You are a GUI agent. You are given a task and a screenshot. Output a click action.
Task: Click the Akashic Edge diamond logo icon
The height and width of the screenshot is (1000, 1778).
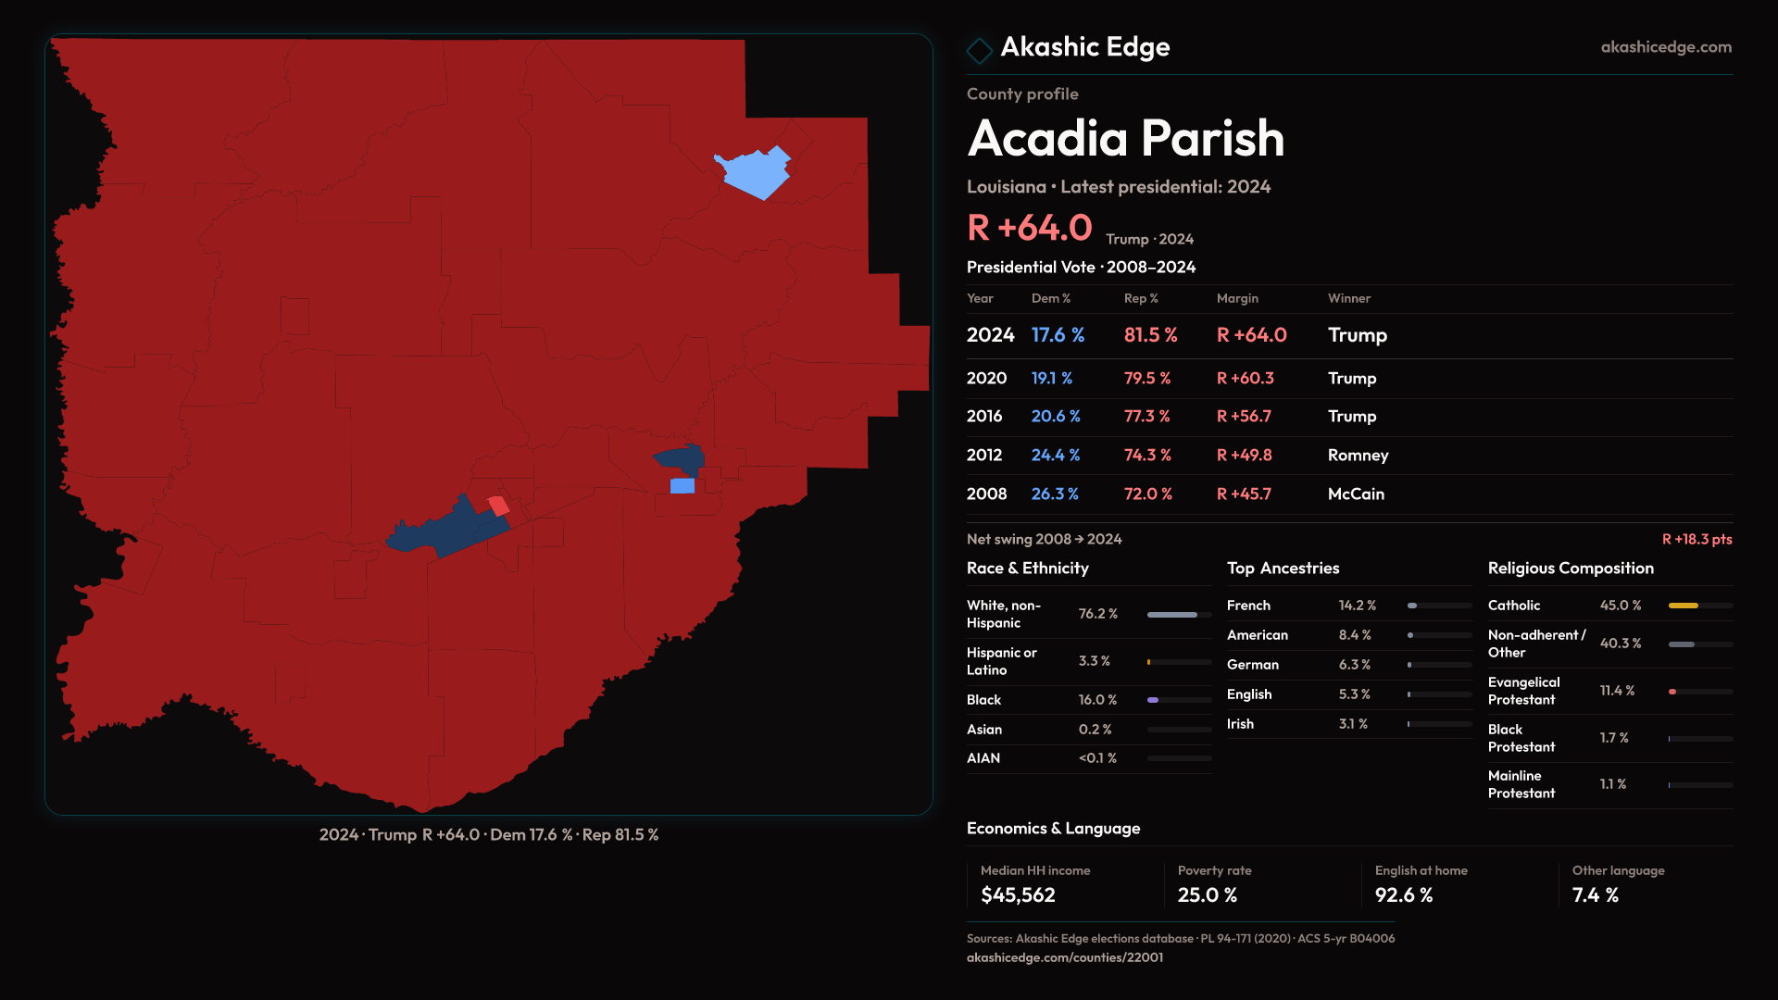coord(979,50)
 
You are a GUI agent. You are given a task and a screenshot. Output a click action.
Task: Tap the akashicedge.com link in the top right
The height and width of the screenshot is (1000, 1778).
coord(1665,47)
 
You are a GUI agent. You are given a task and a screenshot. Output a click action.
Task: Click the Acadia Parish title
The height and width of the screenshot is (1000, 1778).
coord(1125,139)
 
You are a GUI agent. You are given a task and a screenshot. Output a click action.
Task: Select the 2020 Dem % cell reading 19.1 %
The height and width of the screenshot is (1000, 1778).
coord(1052,378)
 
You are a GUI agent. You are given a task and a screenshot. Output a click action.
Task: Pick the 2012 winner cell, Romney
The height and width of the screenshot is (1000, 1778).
coord(1358,456)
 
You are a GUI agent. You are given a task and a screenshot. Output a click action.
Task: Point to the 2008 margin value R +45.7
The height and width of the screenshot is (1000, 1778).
coord(1244,494)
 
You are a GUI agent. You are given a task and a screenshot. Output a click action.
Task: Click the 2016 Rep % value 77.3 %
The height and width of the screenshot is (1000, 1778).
coord(1146,417)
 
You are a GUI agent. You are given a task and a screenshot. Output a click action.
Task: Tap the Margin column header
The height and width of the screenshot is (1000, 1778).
coord(1237,298)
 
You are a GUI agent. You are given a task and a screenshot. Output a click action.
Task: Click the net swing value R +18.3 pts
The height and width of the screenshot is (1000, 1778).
coord(1697,539)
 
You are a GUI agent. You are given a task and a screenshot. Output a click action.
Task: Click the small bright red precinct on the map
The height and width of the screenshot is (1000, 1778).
coord(499,506)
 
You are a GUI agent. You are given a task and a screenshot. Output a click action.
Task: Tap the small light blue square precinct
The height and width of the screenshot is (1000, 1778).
coord(682,486)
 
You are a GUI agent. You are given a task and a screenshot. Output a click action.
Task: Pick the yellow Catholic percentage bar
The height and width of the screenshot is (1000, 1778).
coord(1683,606)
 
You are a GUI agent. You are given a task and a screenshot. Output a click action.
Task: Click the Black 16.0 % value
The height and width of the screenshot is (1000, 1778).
coord(1097,700)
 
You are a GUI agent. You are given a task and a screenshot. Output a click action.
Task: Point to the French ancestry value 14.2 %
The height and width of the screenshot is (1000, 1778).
coord(1357,606)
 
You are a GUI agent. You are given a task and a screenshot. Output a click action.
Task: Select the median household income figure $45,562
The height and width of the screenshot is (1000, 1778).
coord(1018,895)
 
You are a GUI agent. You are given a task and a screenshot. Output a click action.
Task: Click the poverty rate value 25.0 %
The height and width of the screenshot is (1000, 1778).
coord(1207,895)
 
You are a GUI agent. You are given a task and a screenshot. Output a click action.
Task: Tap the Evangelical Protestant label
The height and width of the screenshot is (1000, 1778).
coord(1523,691)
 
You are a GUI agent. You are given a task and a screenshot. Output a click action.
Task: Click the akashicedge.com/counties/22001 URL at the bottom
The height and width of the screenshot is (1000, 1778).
coord(1065,957)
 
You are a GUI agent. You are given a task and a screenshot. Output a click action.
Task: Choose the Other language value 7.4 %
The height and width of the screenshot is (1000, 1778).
coord(1595,895)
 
